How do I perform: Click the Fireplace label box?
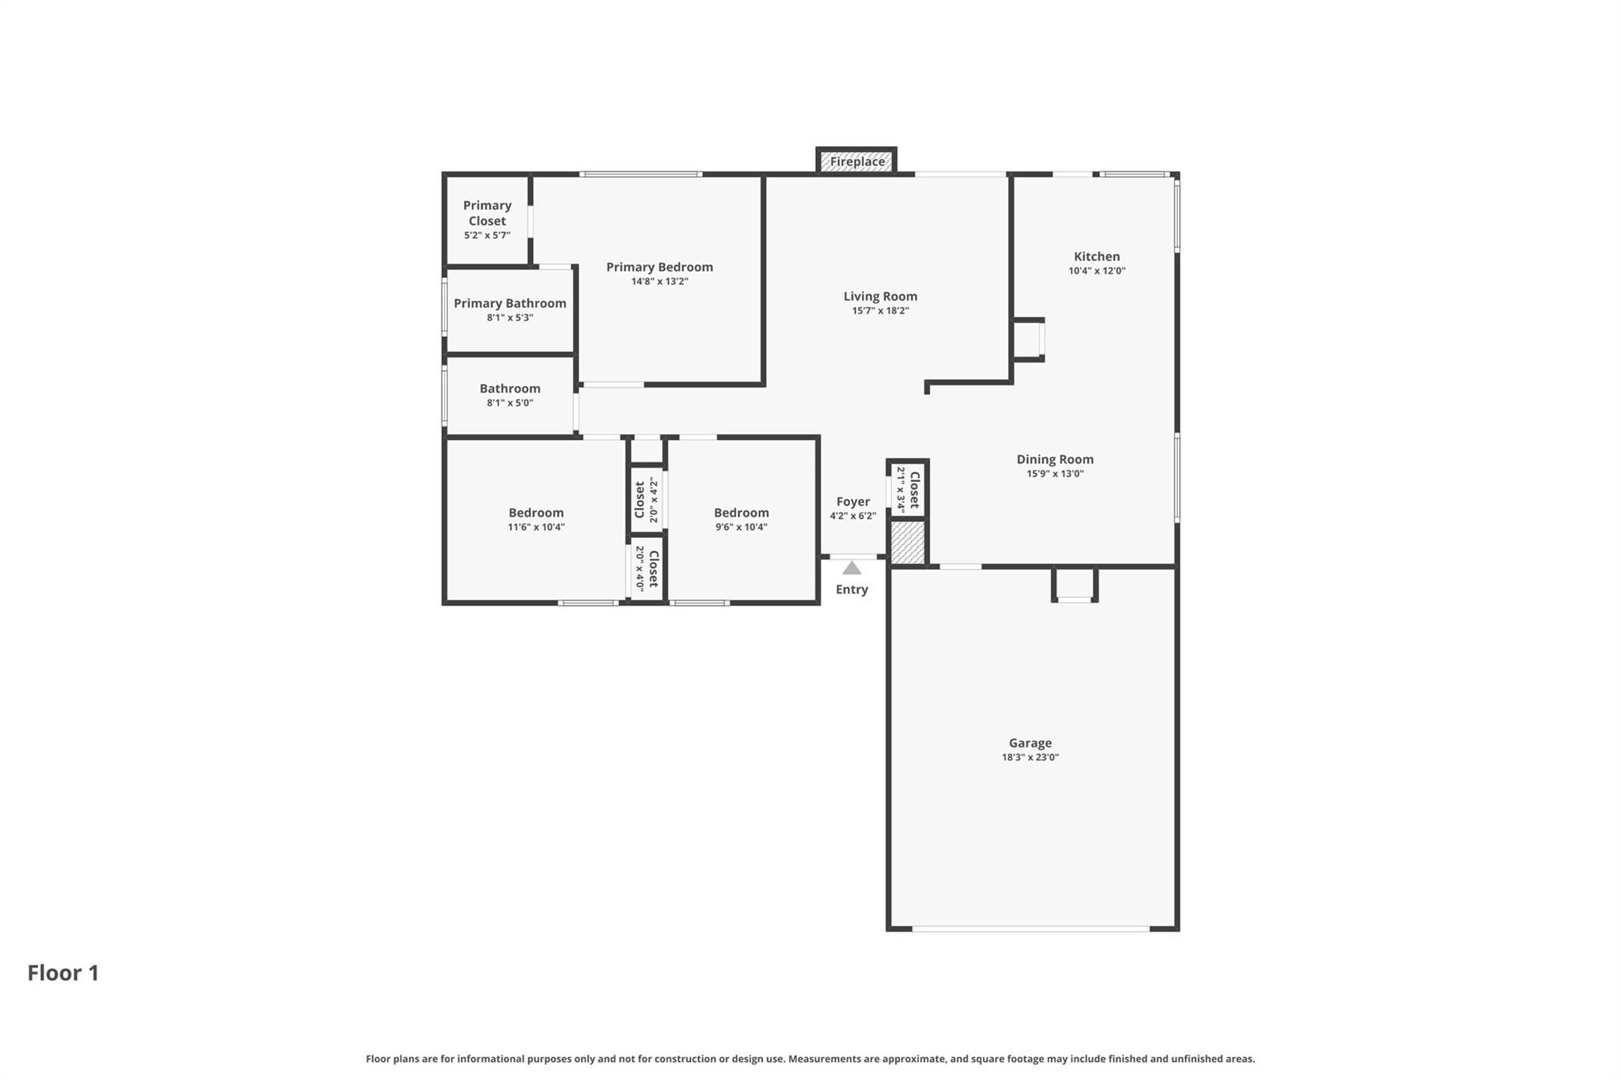coord(857,161)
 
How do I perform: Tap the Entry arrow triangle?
coord(852,568)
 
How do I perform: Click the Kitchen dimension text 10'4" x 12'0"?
coord(1096,271)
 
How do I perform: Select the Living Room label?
coord(880,296)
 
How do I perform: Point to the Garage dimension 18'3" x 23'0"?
coord(1030,757)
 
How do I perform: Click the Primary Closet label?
coord(487,213)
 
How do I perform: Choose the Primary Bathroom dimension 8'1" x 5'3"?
coord(510,317)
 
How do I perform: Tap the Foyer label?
coord(852,502)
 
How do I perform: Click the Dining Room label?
coord(1055,459)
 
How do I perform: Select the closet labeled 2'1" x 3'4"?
coord(908,490)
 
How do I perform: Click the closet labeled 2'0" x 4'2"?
coord(647,499)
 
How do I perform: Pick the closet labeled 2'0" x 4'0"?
coord(647,568)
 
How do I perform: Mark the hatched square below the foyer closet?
coord(908,543)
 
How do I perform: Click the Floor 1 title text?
coord(63,972)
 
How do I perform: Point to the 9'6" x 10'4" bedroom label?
coord(741,513)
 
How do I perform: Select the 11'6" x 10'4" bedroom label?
coord(536,513)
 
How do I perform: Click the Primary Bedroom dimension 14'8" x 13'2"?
coord(659,282)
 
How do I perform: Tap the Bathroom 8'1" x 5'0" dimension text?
coord(510,403)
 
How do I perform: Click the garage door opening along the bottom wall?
coord(1031,928)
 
